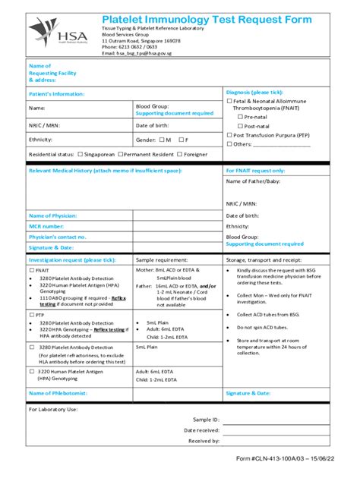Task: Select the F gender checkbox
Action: pos(182,140)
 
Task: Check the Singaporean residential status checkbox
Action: pos(80,154)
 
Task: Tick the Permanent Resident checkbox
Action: pos(121,154)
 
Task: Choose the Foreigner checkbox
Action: pos(179,154)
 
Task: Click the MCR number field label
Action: pos(46,226)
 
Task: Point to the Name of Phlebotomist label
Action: pos(58,393)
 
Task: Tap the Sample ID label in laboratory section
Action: pos(206,419)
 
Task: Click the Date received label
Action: pos(202,429)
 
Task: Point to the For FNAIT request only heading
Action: pos(255,171)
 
